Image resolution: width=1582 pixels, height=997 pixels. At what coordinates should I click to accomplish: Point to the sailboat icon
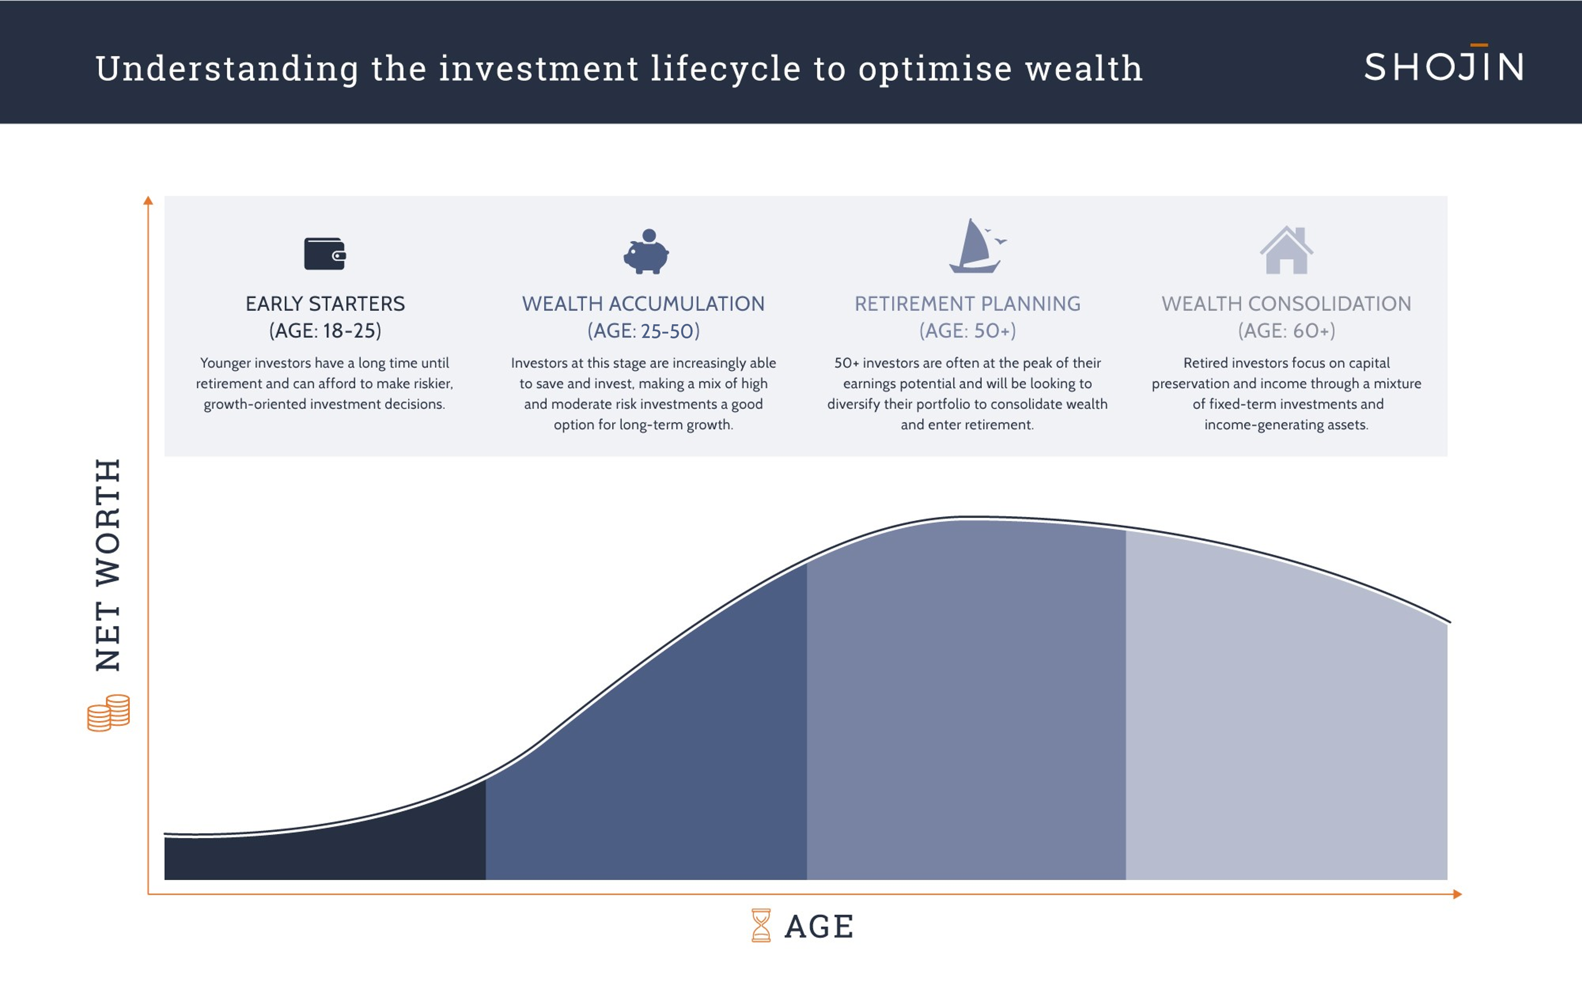977,246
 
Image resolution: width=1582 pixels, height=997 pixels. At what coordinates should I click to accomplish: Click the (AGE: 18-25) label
325,330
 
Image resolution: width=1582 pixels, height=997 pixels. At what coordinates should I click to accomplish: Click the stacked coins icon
108,713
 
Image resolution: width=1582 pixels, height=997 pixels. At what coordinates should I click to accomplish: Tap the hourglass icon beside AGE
761,925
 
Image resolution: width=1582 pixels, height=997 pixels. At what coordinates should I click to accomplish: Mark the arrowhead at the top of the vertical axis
148,200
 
